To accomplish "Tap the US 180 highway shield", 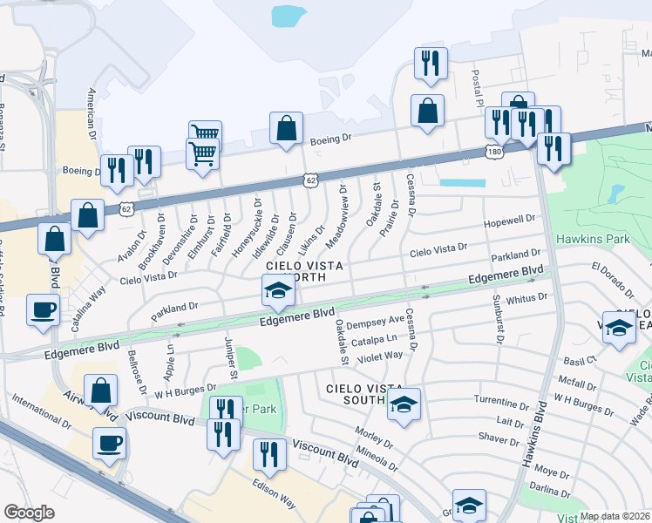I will (x=492, y=153).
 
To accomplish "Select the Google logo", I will (x=29, y=513).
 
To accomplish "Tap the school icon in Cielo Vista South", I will (x=404, y=404).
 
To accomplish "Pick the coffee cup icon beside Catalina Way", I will (x=43, y=309).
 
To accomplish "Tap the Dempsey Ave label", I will (x=376, y=323).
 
